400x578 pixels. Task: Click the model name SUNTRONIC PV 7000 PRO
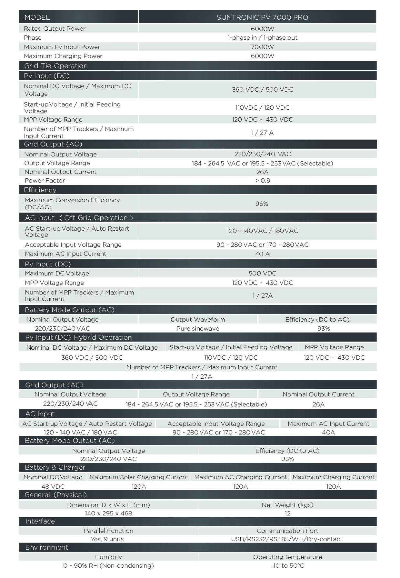(x=262, y=17)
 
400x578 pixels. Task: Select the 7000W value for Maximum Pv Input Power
(x=262, y=47)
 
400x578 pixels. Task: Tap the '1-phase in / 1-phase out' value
(x=262, y=38)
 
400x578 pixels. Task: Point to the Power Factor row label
(x=45, y=181)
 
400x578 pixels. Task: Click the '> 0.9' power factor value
(x=262, y=181)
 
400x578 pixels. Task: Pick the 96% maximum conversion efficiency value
(x=262, y=204)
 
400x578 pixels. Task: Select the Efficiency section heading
(x=40, y=190)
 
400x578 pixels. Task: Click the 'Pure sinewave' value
(x=198, y=329)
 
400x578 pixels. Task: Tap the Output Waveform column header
(x=198, y=320)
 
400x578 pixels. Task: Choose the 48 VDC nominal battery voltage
(x=53, y=486)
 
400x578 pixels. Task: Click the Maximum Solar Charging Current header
(x=139, y=477)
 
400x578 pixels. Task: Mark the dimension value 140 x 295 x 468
(x=108, y=513)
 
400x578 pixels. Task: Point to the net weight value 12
(x=287, y=513)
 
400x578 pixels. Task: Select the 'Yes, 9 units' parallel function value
(x=107, y=539)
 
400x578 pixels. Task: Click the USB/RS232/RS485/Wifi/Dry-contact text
(x=287, y=539)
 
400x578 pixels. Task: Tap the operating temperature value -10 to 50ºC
(x=287, y=565)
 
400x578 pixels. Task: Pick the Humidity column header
(x=108, y=557)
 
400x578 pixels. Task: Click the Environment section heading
(x=46, y=547)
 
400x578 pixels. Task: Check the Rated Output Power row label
(x=55, y=29)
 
